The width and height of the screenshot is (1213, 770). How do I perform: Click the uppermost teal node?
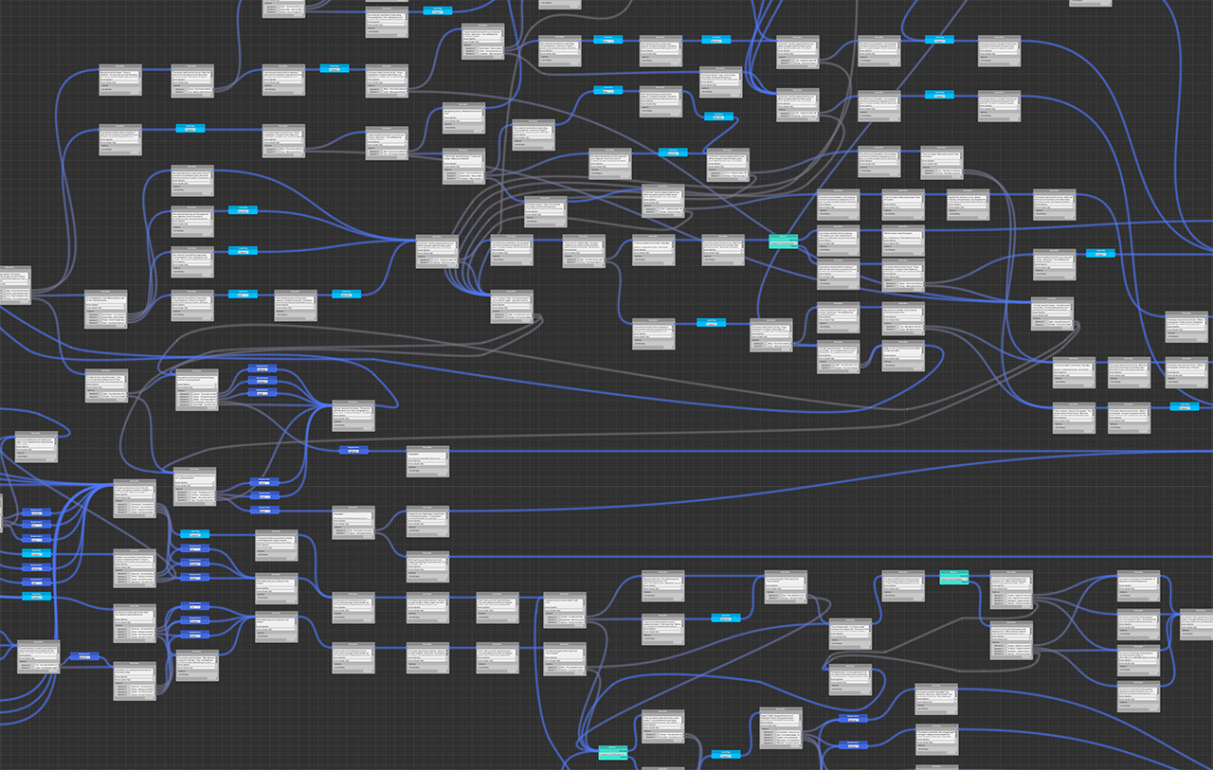pyautogui.click(x=783, y=241)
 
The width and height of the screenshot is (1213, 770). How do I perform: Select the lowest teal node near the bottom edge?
pyautogui.click(x=612, y=751)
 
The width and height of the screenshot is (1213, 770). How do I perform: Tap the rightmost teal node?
pyautogui.click(x=953, y=576)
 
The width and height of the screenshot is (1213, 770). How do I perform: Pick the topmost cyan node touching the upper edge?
pyautogui.click(x=437, y=9)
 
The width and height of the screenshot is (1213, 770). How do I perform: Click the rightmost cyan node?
pyautogui.click(x=1184, y=406)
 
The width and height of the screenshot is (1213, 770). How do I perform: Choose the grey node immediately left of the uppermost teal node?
pyautogui.click(x=722, y=249)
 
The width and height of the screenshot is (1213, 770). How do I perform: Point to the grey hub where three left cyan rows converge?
pyautogui.click(x=437, y=251)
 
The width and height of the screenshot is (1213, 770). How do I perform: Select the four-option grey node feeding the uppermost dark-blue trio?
pyautogui.click(x=196, y=388)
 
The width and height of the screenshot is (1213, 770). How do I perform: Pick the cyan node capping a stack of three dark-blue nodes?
pyautogui.click(x=194, y=534)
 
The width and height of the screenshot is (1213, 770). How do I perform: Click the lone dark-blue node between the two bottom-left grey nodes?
pyautogui.click(x=83, y=655)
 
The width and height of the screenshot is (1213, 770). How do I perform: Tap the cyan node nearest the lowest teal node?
pyautogui.click(x=726, y=754)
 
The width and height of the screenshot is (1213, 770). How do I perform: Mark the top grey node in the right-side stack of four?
pyautogui.click(x=1137, y=585)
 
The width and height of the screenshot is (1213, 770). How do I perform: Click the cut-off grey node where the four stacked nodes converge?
pyautogui.click(x=1196, y=624)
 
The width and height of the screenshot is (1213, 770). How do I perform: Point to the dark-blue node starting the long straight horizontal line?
pyautogui.click(x=353, y=450)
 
